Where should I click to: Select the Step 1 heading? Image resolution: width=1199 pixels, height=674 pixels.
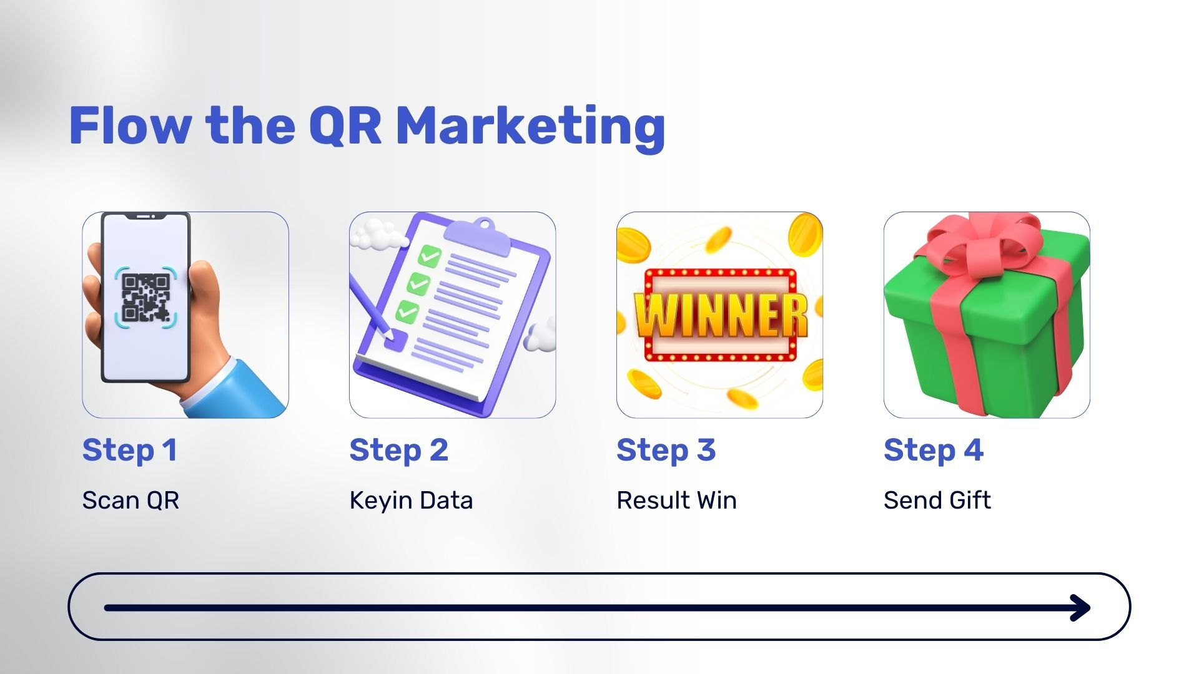[x=130, y=451]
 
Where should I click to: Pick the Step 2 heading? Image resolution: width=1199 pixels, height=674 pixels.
[x=399, y=451]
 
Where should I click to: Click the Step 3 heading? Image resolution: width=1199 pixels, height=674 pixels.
[x=666, y=451]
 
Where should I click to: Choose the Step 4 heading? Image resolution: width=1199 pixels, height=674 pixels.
[x=934, y=451]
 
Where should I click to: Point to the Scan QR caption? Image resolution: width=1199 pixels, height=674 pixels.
[x=131, y=501]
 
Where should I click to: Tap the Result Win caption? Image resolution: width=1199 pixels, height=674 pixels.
[x=676, y=501]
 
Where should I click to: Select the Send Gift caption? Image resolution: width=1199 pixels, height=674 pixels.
[x=937, y=501]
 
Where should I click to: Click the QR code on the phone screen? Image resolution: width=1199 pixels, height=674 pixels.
[x=146, y=297]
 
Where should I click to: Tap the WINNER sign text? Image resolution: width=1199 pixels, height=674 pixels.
[x=721, y=315]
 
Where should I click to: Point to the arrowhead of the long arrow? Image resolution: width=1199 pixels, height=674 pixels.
[x=1080, y=607]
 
